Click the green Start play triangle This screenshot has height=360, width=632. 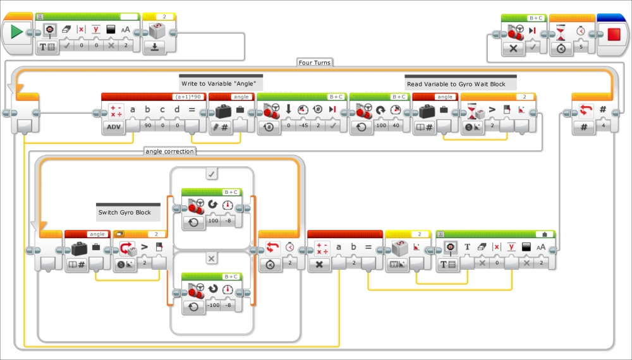pyautogui.click(x=16, y=32)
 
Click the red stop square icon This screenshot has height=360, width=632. pyautogui.click(x=614, y=34)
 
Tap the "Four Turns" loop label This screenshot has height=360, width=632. pyautogui.click(x=314, y=63)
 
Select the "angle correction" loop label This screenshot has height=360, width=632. pyautogui.click(x=169, y=152)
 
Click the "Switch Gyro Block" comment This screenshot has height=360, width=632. pyautogui.click(x=125, y=212)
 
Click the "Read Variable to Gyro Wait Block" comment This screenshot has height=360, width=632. pyautogui.click(x=456, y=84)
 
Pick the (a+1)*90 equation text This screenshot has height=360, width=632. pyautogui.click(x=188, y=97)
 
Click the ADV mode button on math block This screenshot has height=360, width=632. pyautogui.click(x=114, y=127)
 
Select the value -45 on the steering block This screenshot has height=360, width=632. pyautogui.click(x=303, y=125)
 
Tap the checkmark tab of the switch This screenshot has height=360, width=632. pyautogui.click(x=212, y=174)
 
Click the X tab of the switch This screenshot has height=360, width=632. pyautogui.click(x=212, y=258)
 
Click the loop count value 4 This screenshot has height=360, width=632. pyautogui.click(x=603, y=125)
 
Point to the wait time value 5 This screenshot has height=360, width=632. pyautogui.click(x=581, y=47)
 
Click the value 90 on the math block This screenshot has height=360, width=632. pyautogui.click(x=148, y=125)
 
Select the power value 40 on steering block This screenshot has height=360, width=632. pyautogui.click(x=396, y=125)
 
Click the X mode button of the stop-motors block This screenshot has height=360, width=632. pyautogui.click(x=513, y=49)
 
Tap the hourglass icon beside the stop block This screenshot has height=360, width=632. pyautogui.click(x=560, y=32)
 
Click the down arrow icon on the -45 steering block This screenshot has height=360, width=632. pyautogui.click(x=288, y=109)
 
